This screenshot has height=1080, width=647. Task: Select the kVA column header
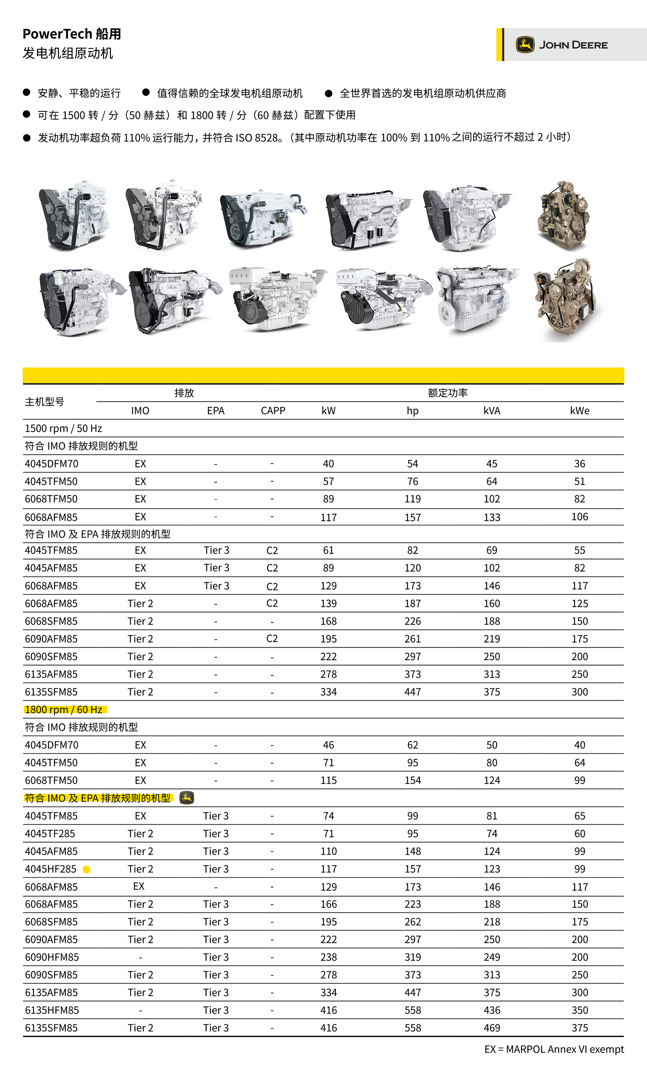[x=491, y=410]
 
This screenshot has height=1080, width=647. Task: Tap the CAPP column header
[x=273, y=410]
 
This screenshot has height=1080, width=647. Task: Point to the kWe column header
[x=580, y=410]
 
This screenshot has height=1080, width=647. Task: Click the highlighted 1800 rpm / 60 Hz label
[x=64, y=709]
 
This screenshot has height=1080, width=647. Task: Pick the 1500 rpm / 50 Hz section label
[x=64, y=428]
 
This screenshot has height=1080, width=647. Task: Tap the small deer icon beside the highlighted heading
[x=187, y=797]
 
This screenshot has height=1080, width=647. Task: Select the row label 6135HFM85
[x=52, y=1010]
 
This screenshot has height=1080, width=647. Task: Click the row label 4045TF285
[x=50, y=833]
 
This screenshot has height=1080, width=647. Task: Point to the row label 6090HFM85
[x=52, y=957]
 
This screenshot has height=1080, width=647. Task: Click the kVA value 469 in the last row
[x=491, y=1028]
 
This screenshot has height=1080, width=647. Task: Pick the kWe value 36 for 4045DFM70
[x=580, y=464]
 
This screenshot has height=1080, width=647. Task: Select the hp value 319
[x=412, y=957]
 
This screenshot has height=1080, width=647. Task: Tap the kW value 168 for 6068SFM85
[x=328, y=621]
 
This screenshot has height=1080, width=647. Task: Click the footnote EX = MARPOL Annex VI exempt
[x=554, y=1049]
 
